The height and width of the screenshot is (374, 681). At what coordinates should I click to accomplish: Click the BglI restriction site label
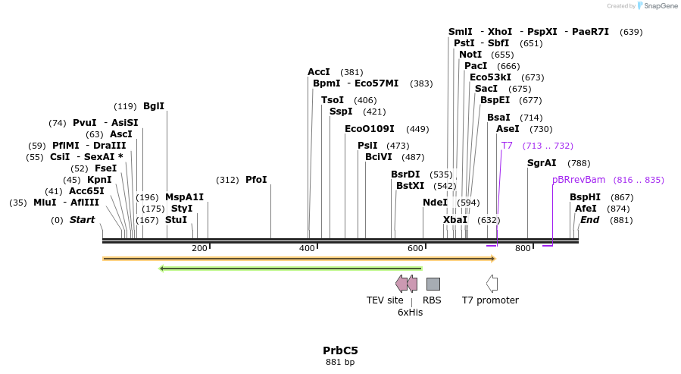(x=154, y=106)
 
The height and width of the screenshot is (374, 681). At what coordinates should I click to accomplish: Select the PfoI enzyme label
(x=256, y=180)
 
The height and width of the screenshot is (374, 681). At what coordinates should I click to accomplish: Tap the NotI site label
(x=470, y=55)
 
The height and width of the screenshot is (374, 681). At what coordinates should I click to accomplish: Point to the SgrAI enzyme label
(x=542, y=163)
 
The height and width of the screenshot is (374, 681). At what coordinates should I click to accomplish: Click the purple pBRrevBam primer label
(x=579, y=180)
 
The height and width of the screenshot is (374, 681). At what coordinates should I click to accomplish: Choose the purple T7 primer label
(x=507, y=146)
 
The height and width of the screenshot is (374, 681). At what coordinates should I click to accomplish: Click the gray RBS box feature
(x=433, y=284)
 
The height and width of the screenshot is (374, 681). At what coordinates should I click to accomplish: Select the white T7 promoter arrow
(x=492, y=284)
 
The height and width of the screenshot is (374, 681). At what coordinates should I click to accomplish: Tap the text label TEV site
(x=385, y=300)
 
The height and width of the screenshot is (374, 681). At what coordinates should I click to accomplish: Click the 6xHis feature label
(x=410, y=312)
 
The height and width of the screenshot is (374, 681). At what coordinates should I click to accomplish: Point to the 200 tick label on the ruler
(x=199, y=248)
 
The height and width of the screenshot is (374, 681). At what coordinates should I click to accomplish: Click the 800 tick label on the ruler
(x=523, y=248)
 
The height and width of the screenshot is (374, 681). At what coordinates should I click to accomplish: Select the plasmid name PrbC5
(x=340, y=350)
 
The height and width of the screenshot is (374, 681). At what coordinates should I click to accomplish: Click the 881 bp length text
(x=340, y=363)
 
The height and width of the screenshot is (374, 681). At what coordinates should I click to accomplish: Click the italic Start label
(x=83, y=220)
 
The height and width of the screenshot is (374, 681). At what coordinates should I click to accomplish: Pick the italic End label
(x=589, y=220)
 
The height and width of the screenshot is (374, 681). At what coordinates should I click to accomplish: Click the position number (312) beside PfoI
(x=227, y=180)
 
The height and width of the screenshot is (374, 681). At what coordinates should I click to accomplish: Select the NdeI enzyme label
(x=435, y=203)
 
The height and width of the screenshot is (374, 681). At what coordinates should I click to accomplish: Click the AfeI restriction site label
(x=586, y=209)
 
